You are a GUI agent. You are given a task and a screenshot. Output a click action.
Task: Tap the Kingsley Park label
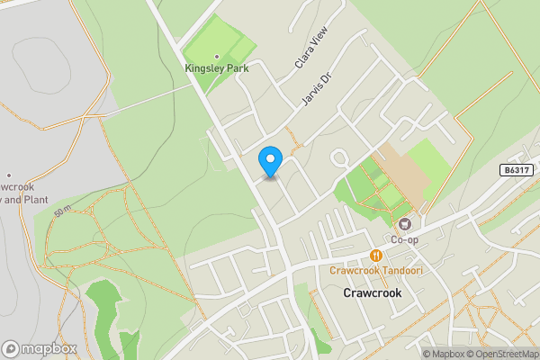216,67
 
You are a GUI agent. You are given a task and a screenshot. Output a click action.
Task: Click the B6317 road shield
517,170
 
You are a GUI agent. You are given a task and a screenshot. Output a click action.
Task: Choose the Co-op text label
404,240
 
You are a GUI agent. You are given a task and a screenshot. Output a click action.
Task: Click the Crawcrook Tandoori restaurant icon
376,255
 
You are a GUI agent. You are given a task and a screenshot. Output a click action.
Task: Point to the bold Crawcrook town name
372,293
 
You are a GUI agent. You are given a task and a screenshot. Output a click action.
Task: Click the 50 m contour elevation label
62,211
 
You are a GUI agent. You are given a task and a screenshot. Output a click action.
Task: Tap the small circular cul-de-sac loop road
340,159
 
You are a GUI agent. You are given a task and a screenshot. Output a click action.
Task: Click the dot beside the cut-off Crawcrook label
8,175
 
